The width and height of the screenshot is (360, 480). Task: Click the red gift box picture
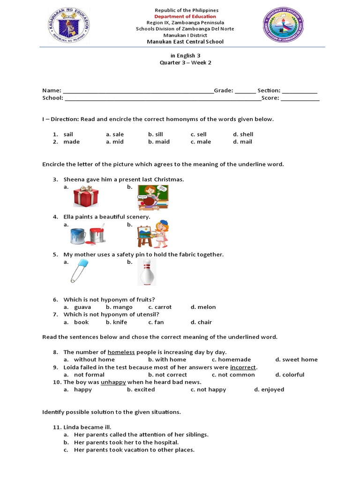click(86, 196)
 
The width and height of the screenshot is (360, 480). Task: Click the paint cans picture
click(88, 234)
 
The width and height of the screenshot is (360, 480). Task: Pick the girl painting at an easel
click(153, 234)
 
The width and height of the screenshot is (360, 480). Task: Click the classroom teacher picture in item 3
click(153, 197)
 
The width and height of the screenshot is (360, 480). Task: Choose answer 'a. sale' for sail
click(115, 134)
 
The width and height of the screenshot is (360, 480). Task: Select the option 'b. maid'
click(159, 142)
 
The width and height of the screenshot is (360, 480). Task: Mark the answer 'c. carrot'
click(160, 307)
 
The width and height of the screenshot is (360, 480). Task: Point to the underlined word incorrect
click(243, 367)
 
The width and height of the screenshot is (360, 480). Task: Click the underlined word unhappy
click(113, 382)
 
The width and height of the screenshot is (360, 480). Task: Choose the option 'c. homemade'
click(231, 360)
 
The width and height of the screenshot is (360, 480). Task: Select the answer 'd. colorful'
click(290, 375)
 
